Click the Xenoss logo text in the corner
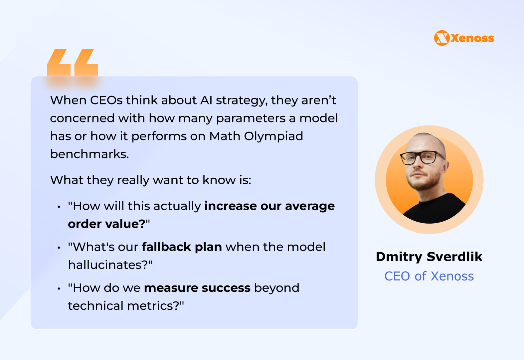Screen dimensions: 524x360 click(472, 38)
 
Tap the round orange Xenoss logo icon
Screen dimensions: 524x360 click(442, 38)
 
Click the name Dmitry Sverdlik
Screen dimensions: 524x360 click(429, 257)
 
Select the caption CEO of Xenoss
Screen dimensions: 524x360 click(429, 276)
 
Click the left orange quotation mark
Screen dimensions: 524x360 click(59, 62)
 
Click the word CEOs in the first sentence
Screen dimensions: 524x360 click(106, 100)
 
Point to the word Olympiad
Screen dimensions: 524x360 click(273, 136)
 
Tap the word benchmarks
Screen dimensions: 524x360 click(89, 154)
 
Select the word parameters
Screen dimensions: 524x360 click(251, 118)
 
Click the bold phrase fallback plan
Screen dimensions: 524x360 click(182, 247)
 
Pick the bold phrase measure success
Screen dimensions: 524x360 click(197, 288)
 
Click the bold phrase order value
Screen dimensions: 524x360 click(107, 224)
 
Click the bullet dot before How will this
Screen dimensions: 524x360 click(59, 207)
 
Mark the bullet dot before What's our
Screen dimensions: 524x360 click(59, 248)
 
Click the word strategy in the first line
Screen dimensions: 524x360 click(242, 100)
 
